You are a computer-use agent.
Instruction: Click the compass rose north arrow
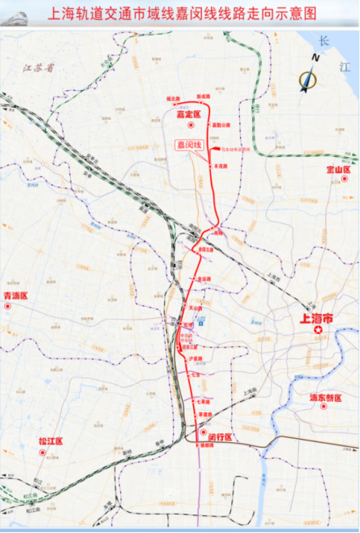click(308, 77)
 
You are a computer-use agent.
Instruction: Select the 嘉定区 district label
click(187, 115)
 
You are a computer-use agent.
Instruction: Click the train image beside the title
click(18, 14)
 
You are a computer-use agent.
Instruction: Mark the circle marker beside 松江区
click(40, 452)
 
